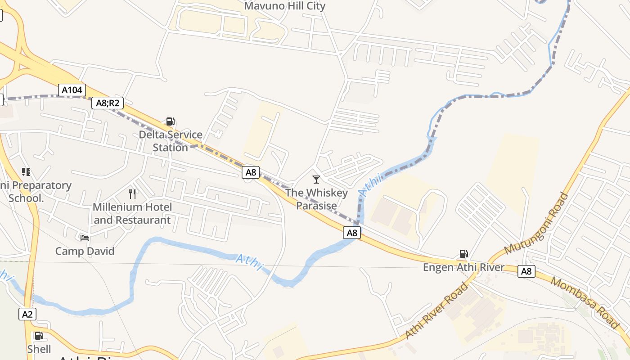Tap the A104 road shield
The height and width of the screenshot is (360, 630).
point(72,90)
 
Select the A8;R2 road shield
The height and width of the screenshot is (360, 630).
point(108,103)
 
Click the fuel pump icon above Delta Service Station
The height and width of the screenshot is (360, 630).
point(170,121)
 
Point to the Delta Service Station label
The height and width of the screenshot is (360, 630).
point(171,141)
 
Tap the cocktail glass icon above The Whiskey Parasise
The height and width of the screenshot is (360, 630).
point(316,180)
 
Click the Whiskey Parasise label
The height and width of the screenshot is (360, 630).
point(316,199)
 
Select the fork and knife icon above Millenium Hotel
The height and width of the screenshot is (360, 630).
point(132,194)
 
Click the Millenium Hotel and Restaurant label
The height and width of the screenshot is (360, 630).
point(132,213)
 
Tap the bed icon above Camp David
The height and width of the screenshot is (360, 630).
point(85,238)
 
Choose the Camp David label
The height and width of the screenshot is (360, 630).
point(85,251)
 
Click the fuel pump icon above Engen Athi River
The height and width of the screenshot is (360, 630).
point(463,254)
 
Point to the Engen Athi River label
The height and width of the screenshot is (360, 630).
point(463,267)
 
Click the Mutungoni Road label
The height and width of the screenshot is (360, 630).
point(536,223)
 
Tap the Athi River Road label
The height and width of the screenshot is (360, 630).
point(437,311)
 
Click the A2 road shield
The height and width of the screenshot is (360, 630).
point(27,314)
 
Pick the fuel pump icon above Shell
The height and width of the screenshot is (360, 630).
point(39,336)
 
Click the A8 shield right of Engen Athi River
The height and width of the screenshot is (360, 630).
point(526,271)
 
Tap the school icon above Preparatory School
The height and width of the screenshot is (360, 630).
point(26,171)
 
